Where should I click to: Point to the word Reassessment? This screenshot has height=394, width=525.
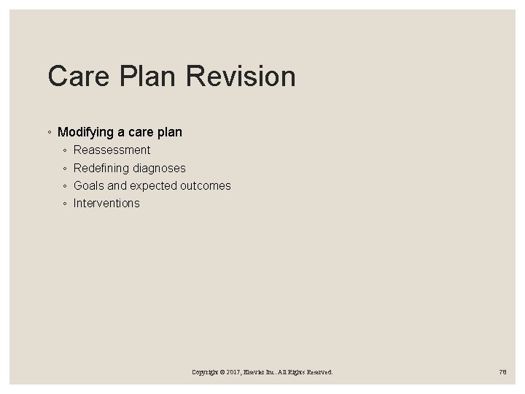tap(112, 150)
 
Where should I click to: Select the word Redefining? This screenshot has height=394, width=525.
tap(101, 168)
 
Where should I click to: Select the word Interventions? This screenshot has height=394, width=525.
tap(106, 203)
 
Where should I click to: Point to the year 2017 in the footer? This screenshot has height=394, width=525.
tap(235, 372)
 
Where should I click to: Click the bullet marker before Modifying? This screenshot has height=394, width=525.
tap(49, 133)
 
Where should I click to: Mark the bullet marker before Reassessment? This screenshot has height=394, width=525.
tap(65, 150)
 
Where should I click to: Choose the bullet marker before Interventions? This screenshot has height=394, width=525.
tap(65, 204)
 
